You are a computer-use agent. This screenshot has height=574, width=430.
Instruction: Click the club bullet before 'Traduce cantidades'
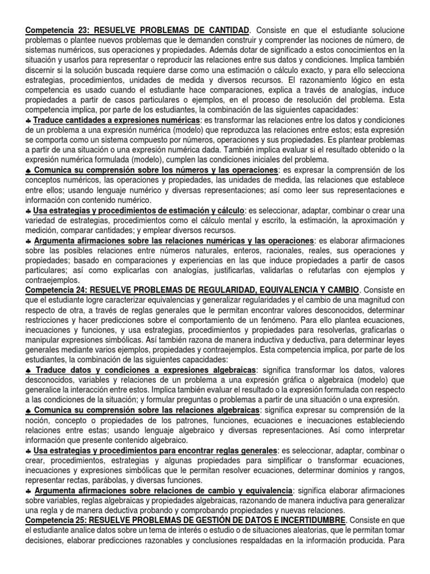28,122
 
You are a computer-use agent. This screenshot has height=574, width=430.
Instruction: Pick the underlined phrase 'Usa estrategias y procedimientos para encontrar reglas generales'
155,451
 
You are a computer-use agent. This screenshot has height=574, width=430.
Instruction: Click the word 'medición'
43,230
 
